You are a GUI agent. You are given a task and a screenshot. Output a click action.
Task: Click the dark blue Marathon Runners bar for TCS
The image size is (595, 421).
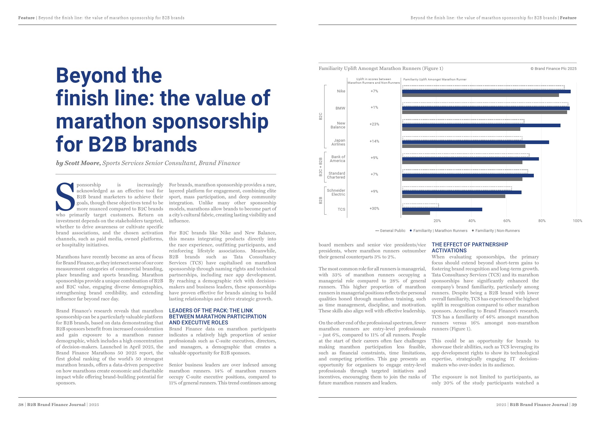(x=442, y=209)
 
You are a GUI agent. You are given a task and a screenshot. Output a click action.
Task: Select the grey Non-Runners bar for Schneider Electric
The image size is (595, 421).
(x=453, y=196)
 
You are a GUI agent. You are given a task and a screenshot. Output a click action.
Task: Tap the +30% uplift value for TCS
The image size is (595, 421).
(x=374, y=209)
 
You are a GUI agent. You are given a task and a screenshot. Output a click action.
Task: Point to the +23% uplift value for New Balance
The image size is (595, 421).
(x=374, y=124)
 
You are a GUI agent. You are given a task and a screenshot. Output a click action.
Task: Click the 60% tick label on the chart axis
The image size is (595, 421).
(x=507, y=221)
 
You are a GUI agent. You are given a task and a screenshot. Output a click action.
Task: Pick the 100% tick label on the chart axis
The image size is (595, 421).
(x=577, y=221)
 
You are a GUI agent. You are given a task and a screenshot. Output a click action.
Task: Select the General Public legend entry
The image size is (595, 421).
(x=390, y=231)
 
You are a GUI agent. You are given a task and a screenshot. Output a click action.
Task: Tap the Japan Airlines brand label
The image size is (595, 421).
(x=339, y=142)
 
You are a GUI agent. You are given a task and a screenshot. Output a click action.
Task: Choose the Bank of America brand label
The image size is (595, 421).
(x=338, y=159)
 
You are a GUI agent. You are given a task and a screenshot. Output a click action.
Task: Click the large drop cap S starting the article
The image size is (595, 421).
(x=65, y=197)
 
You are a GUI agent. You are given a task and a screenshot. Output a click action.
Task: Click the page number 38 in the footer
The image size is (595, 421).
(x=21, y=404)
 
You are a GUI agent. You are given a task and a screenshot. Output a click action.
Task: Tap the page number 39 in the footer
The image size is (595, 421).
(x=574, y=404)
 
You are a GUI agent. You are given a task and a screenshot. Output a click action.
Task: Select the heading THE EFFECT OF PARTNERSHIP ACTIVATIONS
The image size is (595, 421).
(x=470, y=248)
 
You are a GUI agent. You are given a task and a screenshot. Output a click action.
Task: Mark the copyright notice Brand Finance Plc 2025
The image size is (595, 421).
(x=554, y=69)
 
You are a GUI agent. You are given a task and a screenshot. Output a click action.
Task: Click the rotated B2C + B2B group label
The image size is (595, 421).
(x=321, y=167)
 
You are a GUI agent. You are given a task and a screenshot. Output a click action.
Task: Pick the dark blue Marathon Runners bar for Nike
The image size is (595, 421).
(x=486, y=92)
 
